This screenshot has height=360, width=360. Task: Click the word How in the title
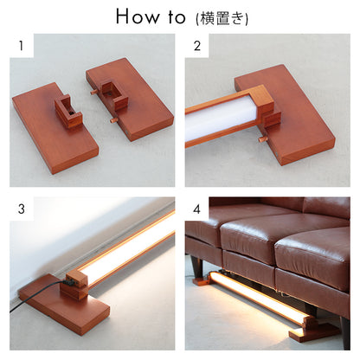[x=137, y=16]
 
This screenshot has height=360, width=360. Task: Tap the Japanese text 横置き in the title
[x=222, y=18]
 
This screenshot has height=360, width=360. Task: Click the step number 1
[x=21, y=46]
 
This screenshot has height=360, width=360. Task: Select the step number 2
[x=197, y=46]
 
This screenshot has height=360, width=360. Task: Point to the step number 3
[x=22, y=209]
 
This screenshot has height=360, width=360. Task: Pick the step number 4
[x=196, y=209]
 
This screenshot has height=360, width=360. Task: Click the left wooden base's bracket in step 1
[x=68, y=111]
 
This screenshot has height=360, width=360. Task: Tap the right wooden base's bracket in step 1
[x=113, y=94]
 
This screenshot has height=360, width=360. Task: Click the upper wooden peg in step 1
[x=93, y=92]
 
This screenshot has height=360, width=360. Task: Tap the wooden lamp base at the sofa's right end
[x=314, y=331]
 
